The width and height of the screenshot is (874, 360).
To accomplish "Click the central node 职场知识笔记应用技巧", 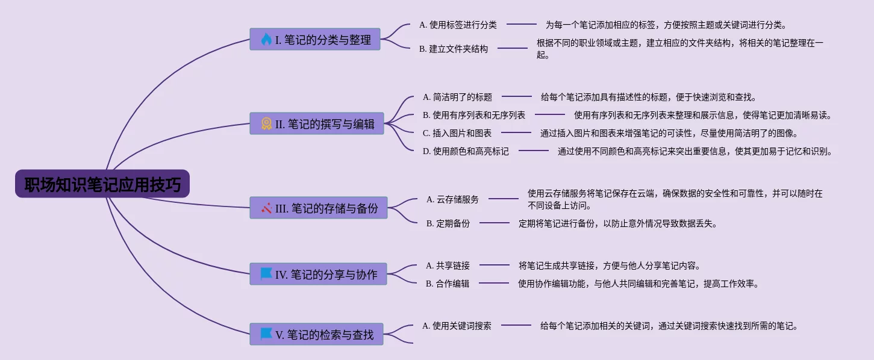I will click(102, 184).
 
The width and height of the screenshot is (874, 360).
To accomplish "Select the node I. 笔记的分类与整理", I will click(315, 40).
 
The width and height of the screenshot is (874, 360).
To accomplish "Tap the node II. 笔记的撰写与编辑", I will click(317, 124).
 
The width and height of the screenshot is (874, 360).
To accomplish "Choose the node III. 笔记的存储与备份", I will click(319, 208).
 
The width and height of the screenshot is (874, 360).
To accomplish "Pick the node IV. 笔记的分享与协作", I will click(318, 275).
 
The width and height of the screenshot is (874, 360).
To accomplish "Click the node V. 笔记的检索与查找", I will click(316, 335).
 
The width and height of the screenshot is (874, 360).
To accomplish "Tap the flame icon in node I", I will click(266, 40).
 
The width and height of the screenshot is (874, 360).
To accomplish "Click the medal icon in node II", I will click(266, 124).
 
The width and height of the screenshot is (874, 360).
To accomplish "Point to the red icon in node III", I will click(267, 208).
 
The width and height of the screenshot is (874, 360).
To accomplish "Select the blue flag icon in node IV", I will click(266, 274).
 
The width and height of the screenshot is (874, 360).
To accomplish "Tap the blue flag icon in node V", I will click(266, 334).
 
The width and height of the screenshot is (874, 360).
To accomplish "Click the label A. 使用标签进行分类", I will click(458, 25).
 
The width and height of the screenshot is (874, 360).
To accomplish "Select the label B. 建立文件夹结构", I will click(454, 49).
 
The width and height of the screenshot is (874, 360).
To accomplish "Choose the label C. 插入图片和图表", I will click(457, 133).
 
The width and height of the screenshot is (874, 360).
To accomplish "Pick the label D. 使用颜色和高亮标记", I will click(466, 151).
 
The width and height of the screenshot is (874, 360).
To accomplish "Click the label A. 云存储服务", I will click(452, 199).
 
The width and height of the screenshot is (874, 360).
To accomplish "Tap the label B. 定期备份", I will click(448, 223).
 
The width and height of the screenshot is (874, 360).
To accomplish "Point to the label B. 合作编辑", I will click(448, 284).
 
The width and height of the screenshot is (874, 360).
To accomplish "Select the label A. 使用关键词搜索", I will click(457, 326).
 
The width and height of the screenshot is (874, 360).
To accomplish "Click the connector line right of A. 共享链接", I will click(494, 265).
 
